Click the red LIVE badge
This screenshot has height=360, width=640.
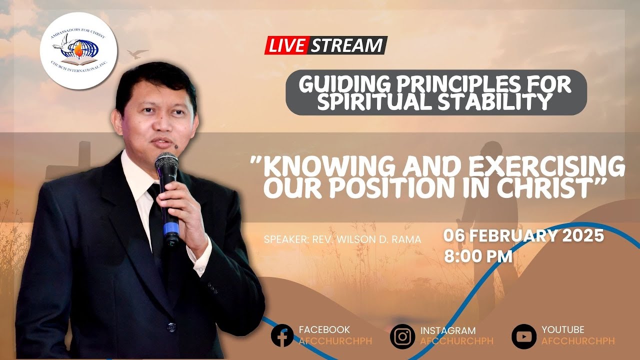[286, 45]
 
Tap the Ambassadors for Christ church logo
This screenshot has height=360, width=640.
[78, 51]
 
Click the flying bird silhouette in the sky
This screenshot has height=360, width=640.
[137, 53]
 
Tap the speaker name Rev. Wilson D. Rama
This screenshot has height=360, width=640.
[342, 239]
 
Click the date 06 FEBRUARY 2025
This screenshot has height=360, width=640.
[524, 236]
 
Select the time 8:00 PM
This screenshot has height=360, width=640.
[478, 256]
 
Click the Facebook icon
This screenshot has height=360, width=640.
[282, 336]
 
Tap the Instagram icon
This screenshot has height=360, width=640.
[402, 336]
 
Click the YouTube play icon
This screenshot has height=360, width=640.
[523, 336]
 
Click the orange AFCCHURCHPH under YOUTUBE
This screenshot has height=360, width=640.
[578, 341]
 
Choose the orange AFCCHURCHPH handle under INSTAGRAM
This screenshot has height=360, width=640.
[456, 341]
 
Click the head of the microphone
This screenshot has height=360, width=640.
[166, 165]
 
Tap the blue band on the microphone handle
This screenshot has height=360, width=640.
[171, 229]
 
